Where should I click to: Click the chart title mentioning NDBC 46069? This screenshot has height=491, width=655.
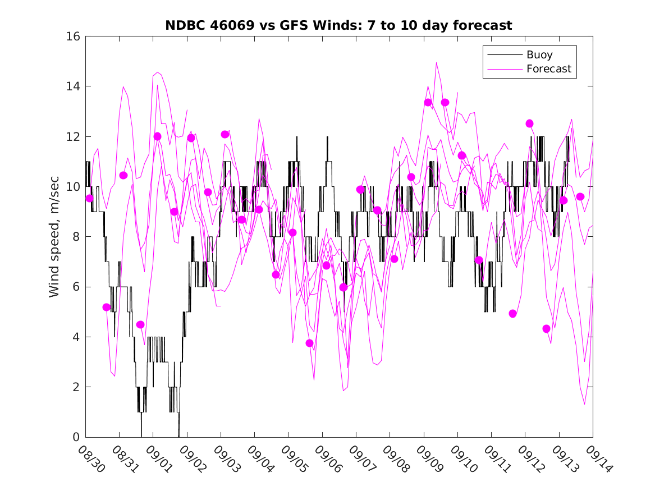pyautogui.click(x=338, y=25)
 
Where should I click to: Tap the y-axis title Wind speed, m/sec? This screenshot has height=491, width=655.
pyautogui.click(x=54, y=236)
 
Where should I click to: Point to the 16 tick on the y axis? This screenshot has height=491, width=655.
pyautogui.click(x=74, y=36)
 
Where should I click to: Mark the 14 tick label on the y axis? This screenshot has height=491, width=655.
pyautogui.click(x=74, y=86)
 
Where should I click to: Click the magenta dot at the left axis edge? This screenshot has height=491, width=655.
pyautogui.click(x=90, y=198)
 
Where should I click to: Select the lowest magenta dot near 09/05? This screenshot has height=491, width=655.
pyautogui.click(x=309, y=343)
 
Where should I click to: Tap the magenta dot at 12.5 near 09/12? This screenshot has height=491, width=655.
pyautogui.click(x=529, y=123)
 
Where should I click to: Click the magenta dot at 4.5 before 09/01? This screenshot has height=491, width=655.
pyautogui.click(x=140, y=324)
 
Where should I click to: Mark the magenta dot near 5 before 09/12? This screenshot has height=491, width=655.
pyautogui.click(x=512, y=314)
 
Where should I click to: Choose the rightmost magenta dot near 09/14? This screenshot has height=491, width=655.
pyautogui.click(x=580, y=196)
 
